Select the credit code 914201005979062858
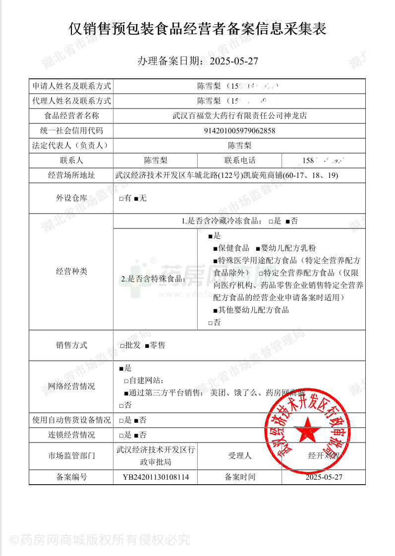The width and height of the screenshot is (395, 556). tap(239, 131)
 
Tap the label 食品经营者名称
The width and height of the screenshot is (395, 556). tap(71, 116)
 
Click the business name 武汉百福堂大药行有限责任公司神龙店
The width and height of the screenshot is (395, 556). tap(239, 116)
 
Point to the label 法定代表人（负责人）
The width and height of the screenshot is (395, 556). tap(71, 146)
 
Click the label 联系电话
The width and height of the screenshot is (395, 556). tap(240, 161)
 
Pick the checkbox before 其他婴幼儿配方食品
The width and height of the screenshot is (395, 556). tap(215, 311)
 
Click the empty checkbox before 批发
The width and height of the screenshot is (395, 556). tap(122, 345)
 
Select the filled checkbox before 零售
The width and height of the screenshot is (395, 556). tap(147, 345)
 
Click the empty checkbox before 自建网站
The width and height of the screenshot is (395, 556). tap(126, 381)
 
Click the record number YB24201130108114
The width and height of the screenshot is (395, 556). tap(156, 477)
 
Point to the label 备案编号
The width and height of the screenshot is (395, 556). tap(71, 477)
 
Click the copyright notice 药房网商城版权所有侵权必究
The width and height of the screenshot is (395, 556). tap(99, 540)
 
